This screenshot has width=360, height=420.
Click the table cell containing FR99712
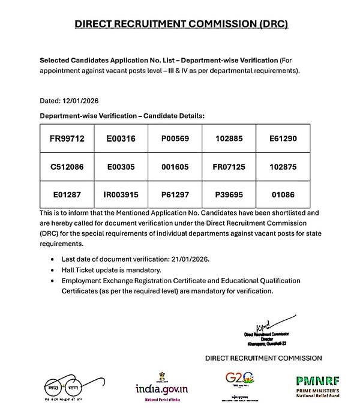click(x=67, y=139)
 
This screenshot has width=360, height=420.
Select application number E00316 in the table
click(x=121, y=139)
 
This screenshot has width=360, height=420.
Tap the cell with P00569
click(x=175, y=139)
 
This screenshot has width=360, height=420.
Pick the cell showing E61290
click(x=283, y=139)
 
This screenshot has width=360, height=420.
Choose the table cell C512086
click(x=67, y=167)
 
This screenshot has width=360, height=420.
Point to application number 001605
click(x=175, y=167)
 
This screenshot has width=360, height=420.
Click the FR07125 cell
click(x=229, y=167)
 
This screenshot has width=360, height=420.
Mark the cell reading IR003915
click(x=121, y=195)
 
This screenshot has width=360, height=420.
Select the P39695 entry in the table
click(x=229, y=195)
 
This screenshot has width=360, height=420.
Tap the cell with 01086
click(x=283, y=195)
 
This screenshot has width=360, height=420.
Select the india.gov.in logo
click(x=161, y=385)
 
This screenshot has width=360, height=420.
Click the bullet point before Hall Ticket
click(x=55, y=270)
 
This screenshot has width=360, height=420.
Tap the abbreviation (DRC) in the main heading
click(x=266, y=24)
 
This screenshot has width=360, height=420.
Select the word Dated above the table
click(x=50, y=100)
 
